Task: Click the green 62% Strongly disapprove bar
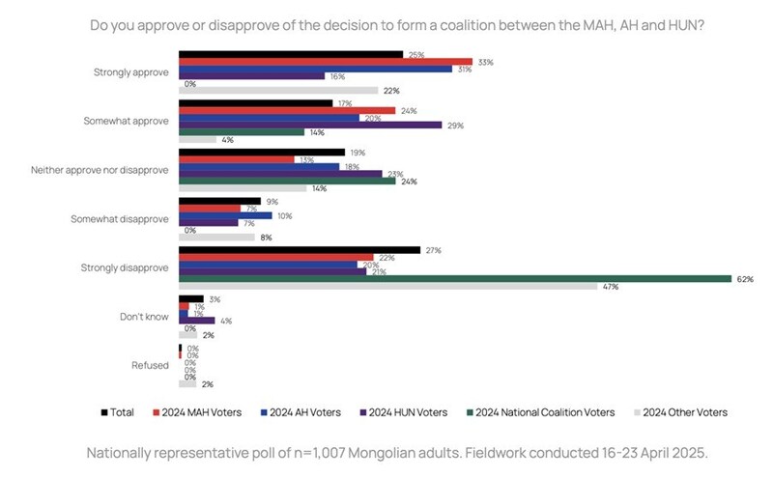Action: [x=454, y=279]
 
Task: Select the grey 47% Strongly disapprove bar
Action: [x=387, y=287]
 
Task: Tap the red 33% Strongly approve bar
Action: [x=325, y=62]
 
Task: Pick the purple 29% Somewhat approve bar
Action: [x=310, y=125]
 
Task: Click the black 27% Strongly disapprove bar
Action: [x=300, y=249]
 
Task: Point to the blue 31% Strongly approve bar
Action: [x=315, y=70]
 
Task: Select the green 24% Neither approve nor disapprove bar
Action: [x=287, y=180]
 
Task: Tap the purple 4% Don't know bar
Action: [x=196, y=320]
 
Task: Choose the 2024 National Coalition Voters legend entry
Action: [x=546, y=412]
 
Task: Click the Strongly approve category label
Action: [x=131, y=71]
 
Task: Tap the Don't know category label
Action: [x=144, y=315]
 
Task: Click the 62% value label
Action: [x=744, y=279]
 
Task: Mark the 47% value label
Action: [x=610, y=288]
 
